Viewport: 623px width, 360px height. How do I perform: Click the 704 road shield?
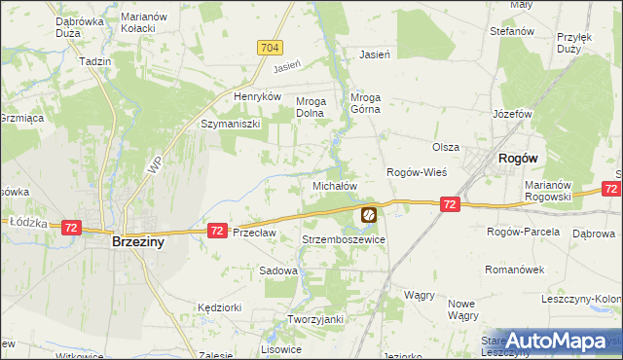tap(271, 47)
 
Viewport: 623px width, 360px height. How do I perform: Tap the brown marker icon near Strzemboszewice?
tap(369, 214)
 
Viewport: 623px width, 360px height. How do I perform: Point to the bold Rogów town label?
tap(519, 158)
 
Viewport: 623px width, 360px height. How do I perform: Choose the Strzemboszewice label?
tap(344, 239)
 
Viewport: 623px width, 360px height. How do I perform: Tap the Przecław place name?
tap(255, 233)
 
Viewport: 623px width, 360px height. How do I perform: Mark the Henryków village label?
tap(257, 97)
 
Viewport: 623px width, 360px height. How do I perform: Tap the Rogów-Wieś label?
tap(417, 172)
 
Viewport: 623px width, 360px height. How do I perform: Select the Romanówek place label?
tap(511, 264)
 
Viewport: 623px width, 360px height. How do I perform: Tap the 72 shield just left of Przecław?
tap(217, 231)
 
